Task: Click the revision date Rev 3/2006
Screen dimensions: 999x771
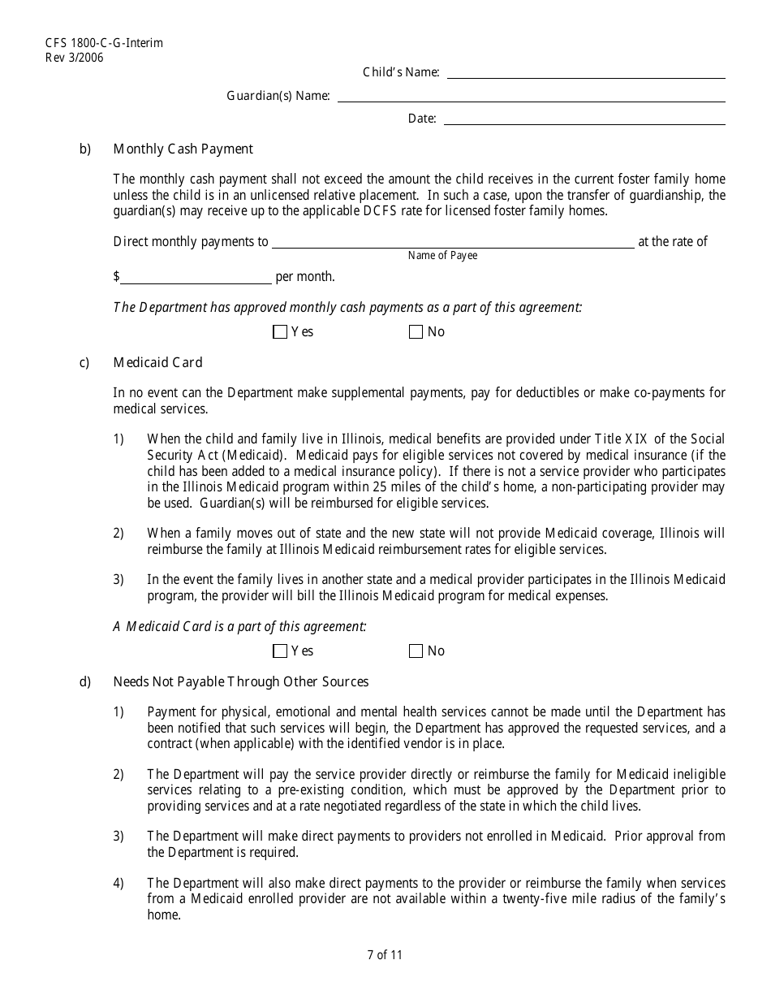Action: pyautogui.click(x=75, y=57)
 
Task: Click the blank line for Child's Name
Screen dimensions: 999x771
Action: pyautogui.click(x=585, y=73)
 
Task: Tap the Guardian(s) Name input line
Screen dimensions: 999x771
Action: pyautogui.click(x=531, y=97)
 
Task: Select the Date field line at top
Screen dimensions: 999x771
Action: pyautogui.click(x=584, y=119)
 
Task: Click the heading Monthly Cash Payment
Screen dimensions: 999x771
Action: pyautogui.click(x=183, y=149)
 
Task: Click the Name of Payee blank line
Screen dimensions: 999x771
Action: pyautogui.click(x=453, y=242)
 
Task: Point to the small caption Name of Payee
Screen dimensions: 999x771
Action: pyautogui.click(x=442, y=256)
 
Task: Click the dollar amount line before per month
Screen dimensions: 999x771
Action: pyautogui.click(x=196, y=278)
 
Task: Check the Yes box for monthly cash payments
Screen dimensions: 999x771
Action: pyautogui.click(x=281, y=332)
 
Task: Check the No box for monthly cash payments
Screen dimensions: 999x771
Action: pyautogui.click(x=416, y=332)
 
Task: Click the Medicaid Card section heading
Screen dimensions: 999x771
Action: pyautogui.click(x=157, y=362)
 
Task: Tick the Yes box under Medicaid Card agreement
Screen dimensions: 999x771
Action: pyautogui.click(x=281, y=651)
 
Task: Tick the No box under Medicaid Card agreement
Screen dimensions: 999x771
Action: pyautogui.click(x=416, y=651)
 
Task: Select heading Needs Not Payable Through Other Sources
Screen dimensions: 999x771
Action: pyautogui.click(x=240, y=682)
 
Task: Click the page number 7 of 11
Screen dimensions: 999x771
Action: pyautogui.click(x=385, y=955)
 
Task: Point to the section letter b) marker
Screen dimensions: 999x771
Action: pyautogui.click(x=85, y=149)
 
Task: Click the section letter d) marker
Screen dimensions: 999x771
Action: pyautogui.click(x=85, y=682)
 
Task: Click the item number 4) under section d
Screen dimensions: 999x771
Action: pyautogui.click(x=118, y=884)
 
